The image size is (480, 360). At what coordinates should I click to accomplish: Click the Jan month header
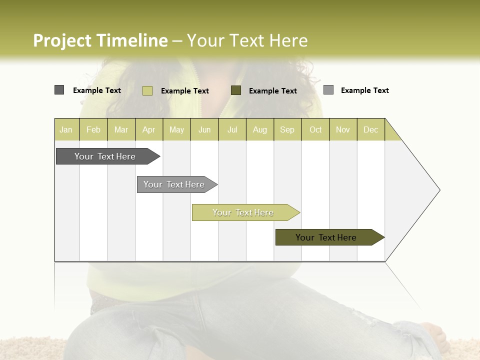click(66, 129)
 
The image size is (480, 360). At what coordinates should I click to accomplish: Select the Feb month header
click(93, 129)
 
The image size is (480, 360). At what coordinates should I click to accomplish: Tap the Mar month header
click(121, 129)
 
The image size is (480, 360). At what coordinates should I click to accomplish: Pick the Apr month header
click(149, 129)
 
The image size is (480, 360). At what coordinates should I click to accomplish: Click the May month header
click(176, 129)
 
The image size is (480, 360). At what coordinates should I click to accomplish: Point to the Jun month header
click(204, 129)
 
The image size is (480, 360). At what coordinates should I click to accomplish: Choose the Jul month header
click(232, 129)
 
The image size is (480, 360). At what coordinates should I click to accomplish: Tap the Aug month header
click(260, 129)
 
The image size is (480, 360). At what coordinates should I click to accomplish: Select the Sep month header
click(287, 129)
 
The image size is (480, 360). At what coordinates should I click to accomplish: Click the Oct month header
click(315, 129)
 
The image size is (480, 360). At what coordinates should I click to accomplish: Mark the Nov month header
click(343, 129)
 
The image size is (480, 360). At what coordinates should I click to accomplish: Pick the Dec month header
click(371, 129)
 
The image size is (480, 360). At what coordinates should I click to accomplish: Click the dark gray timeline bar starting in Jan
click(105, 156)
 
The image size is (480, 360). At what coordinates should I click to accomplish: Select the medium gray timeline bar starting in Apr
click(174, 184)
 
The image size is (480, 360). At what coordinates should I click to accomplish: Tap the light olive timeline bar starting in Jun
click(243, 212)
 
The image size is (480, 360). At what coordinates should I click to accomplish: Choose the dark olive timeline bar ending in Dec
click(326, 237)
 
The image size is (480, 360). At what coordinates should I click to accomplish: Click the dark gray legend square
click(59, 90)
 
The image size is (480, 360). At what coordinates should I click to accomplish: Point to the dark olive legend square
click(236, 90)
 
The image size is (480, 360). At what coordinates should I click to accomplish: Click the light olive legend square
click(147, 90)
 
